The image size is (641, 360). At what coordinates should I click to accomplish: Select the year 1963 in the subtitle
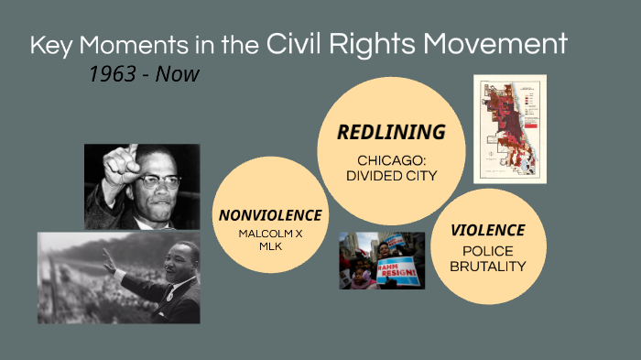coord(110,74)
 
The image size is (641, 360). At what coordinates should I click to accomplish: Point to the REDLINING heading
coord(391,132)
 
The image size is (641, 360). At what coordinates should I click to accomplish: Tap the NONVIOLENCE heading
coord(270,215)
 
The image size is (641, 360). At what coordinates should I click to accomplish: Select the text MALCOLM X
coord(270,234)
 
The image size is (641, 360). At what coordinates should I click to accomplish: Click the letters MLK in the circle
coord(270,246)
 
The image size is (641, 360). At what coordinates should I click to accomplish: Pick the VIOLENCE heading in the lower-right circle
coord(488,230)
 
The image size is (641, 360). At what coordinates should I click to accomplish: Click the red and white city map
coord(509,128)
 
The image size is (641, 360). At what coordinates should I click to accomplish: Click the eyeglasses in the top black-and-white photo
coord(159,181)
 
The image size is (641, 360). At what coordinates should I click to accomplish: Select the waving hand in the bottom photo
coord(109,259)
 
